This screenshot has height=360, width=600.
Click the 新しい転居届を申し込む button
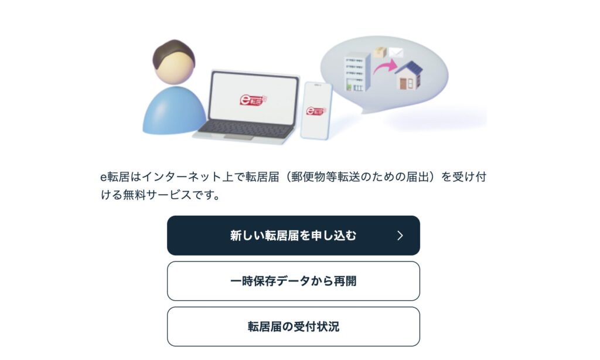tap(294, 235)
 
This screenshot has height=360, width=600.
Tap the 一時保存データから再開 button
tap(294, 281)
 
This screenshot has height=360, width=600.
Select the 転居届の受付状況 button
tap(294, 327)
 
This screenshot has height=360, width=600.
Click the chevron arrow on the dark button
tap(400, 236)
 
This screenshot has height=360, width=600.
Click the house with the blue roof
tap(409, 76)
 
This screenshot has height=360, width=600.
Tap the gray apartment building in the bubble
tap(357, 72)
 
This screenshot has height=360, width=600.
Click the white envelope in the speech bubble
tap(396, 52)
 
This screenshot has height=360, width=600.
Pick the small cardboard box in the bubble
tap(380, 52)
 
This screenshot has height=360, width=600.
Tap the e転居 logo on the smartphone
tap(316, 111)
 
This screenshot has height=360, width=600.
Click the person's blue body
tap(175, 110)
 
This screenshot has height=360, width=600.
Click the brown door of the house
tap(403, 84)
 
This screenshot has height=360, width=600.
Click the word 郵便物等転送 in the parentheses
tap(325, 177)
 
